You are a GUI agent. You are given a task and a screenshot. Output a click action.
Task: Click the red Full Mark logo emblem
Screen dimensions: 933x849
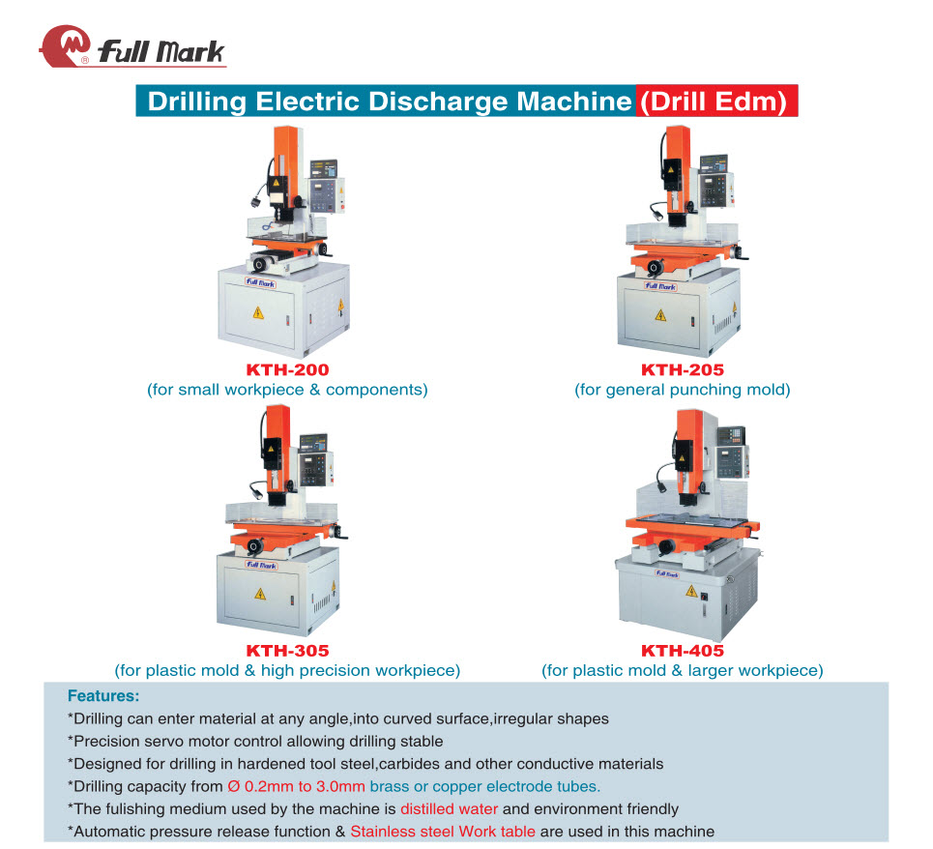64,45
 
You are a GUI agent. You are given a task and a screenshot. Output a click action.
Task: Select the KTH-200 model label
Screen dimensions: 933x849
287,369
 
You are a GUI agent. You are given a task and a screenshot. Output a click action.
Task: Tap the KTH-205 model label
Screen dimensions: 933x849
683,369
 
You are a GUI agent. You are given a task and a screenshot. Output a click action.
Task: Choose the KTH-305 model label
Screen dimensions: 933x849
287,650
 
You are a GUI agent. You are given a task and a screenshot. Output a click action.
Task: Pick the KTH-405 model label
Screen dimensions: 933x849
683,650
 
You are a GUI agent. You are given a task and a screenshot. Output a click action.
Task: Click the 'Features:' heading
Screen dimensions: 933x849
103,695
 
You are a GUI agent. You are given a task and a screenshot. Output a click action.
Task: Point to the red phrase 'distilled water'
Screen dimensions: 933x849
450,808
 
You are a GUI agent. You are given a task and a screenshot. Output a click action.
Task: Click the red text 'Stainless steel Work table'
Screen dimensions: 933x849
443,832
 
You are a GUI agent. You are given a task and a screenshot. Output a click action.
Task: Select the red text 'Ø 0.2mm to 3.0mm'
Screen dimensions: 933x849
296,786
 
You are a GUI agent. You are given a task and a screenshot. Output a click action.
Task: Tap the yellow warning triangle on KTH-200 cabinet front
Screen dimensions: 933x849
257,312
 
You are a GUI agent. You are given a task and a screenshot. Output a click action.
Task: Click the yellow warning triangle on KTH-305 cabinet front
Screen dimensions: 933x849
260,593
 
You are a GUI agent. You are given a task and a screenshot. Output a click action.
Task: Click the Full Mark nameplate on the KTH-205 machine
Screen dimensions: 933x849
660,286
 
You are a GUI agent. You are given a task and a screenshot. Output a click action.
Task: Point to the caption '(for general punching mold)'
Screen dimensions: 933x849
683,390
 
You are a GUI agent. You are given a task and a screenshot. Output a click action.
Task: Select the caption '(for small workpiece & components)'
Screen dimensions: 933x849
287,390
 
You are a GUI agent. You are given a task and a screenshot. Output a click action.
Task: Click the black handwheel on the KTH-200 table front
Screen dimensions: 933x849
260,264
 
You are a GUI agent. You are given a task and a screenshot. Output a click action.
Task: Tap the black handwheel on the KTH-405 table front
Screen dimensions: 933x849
666,546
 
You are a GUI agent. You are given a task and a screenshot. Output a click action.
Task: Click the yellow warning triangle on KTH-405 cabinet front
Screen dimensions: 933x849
691,591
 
